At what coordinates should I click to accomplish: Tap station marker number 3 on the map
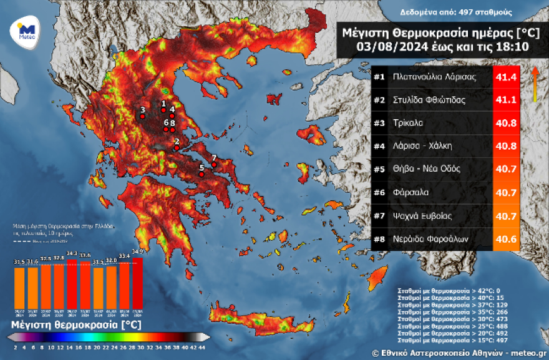tap(143, 117)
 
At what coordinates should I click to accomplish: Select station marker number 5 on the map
tap(202, 175)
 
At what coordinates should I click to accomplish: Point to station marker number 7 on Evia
tap(213, 165)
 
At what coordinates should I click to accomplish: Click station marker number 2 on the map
tap(177, 148)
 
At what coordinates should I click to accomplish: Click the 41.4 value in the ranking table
tap(506, 77)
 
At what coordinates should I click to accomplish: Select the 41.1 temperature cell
tap(506, 100)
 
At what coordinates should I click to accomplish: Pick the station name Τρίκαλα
tap(409, 123)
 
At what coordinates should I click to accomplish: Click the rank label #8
tap(379, 239)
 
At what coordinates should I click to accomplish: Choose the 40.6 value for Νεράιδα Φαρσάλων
tap(506, 239)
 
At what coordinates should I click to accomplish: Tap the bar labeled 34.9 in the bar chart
tap(137, 284)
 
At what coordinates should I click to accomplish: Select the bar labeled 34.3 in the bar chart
tap(72, 286)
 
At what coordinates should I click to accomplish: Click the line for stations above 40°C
tap(442, 298)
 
